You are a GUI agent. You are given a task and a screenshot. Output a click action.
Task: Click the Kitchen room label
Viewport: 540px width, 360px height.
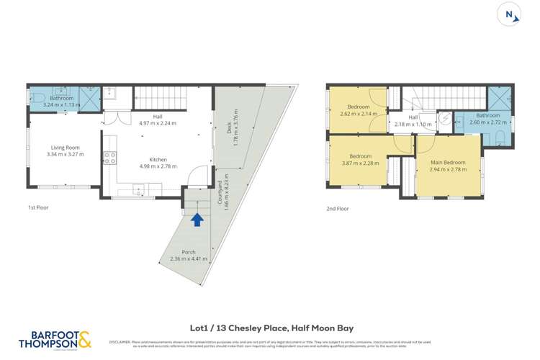point(158,159)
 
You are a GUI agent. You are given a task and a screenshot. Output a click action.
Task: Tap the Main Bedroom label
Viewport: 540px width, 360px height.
point(448,163)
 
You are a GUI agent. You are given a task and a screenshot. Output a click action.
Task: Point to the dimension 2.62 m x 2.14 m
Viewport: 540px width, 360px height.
point(359,114)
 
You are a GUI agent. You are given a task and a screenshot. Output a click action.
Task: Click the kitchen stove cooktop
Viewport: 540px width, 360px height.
point(110,156)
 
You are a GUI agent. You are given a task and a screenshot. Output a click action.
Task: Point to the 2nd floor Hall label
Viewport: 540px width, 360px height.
point(413,117)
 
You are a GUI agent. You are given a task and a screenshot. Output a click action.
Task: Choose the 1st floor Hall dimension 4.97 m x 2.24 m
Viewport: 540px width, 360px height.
point(158,123)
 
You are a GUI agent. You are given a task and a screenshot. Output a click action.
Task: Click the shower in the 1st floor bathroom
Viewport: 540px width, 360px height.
point(89,98)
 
